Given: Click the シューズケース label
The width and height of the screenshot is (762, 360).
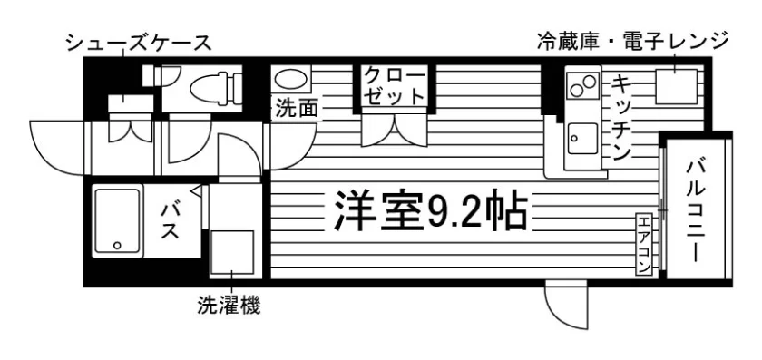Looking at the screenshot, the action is [x=139, y=44].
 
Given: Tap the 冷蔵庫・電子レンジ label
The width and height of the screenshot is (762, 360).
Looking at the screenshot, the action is [x=633, y=40].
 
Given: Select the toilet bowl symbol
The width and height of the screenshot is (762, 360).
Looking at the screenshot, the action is [x=216, y=88].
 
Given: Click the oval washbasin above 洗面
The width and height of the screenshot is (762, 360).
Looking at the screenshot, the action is [x=290, y=79].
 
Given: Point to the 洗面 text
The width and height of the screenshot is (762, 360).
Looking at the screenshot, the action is [x=297, y=108].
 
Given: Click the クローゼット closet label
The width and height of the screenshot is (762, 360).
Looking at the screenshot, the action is [x=395, y=86].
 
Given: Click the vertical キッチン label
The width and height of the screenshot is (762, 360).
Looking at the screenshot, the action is [x=620, y=118].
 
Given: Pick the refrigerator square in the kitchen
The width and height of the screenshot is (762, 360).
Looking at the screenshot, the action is [x=677, y=86].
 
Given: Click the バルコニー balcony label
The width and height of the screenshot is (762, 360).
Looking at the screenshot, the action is [x=696, y=211].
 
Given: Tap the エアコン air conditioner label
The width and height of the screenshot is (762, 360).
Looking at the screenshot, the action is [x=643, y=244].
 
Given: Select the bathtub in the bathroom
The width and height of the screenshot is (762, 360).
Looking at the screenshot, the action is [x=117, y=221].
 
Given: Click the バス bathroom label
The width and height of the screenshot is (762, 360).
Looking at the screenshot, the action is [x=171, y=221].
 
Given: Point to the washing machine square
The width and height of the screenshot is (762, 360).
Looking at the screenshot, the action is [x=232, y=253].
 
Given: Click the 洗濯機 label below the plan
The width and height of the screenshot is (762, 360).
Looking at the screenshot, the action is [x=229, y=305].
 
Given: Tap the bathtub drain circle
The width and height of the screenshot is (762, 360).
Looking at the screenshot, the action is [x=117, y=246].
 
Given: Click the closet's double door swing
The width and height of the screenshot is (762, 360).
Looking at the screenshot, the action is [x=394, y=130].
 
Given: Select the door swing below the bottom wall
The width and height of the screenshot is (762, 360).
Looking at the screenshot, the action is [x=566, y=306].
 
